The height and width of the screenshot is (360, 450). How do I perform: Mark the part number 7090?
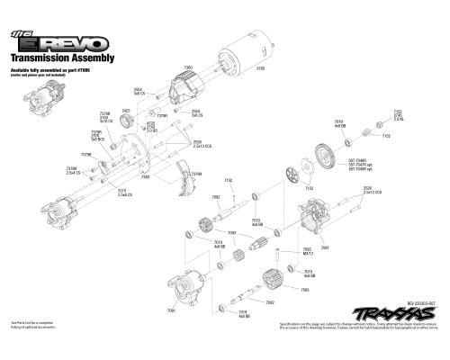point(232,232)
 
